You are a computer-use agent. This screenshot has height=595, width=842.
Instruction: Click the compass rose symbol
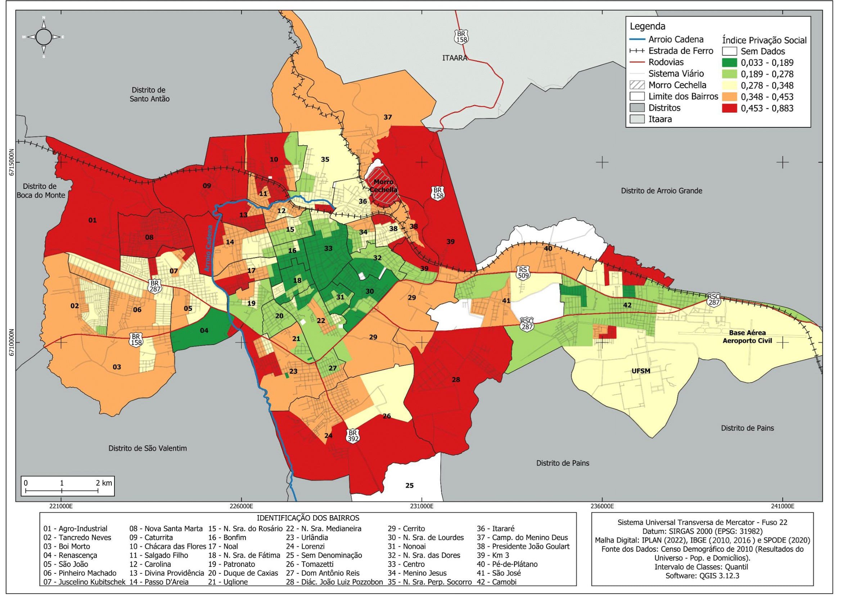pyautogui.click(x=44, y=37)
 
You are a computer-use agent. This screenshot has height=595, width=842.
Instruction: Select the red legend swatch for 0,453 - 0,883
pyautogui.click(x=729, y=108)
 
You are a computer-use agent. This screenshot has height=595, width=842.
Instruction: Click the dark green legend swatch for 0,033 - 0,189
pyautogui.click(x=729, y=62)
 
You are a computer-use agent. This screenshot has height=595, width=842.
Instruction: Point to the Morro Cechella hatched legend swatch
pyautogui.click(x=637, y=85)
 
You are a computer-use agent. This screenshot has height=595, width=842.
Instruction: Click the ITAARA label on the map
pyautogui.click(x=455, y=58)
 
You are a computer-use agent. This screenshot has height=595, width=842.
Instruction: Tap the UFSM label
pyautogui.click(x=641, y=371)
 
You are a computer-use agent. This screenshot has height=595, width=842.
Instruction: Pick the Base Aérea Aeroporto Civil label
pyautogui.click(x=747, y=337)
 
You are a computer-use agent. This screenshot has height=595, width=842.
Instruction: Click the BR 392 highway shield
pyautogui.click(x=353, y=436)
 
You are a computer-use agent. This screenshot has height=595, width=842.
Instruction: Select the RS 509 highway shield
pyautogui.click(x=523, y=273)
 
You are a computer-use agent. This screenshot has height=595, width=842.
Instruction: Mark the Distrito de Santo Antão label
pyautogui.click(x=149, y=94)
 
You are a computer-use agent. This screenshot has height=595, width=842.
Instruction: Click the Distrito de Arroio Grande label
pyautogui.click(x=661, y=191)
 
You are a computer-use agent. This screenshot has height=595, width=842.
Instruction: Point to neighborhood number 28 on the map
pyautogui.click(x=455, y=380)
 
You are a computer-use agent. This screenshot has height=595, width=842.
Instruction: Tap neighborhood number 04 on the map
pyautogui.click(x=204, y=331)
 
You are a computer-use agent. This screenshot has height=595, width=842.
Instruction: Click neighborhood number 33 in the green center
pyautogui.click(x=328, y=249)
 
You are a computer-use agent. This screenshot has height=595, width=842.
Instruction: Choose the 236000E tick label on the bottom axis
pyautogui.click(x=602, y=507)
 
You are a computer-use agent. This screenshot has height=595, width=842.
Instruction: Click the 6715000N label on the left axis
pyautogui.click(x=12, y=162)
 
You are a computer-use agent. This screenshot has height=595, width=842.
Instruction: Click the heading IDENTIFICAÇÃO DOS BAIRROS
pyautogui.click(x=308, y=518)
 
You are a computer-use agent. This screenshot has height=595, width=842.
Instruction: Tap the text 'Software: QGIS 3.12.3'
pyautogui.click(x=702, y=576)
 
